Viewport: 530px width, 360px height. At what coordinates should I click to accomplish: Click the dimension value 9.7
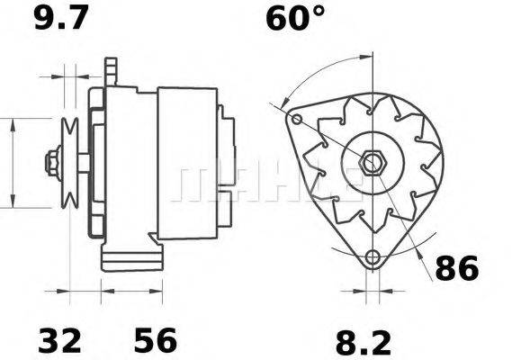click(x=60, y=18)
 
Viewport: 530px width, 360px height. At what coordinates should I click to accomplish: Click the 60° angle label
click(x=294, y=18)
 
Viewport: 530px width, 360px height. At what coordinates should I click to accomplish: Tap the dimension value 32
click(x=59, y=340)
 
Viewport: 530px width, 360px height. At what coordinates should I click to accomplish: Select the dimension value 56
click(x=156, y=340)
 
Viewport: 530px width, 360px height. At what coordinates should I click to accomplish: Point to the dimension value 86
click(x=456, y=268)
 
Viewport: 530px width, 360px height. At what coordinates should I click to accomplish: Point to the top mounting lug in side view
click(x=111, y=70)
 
